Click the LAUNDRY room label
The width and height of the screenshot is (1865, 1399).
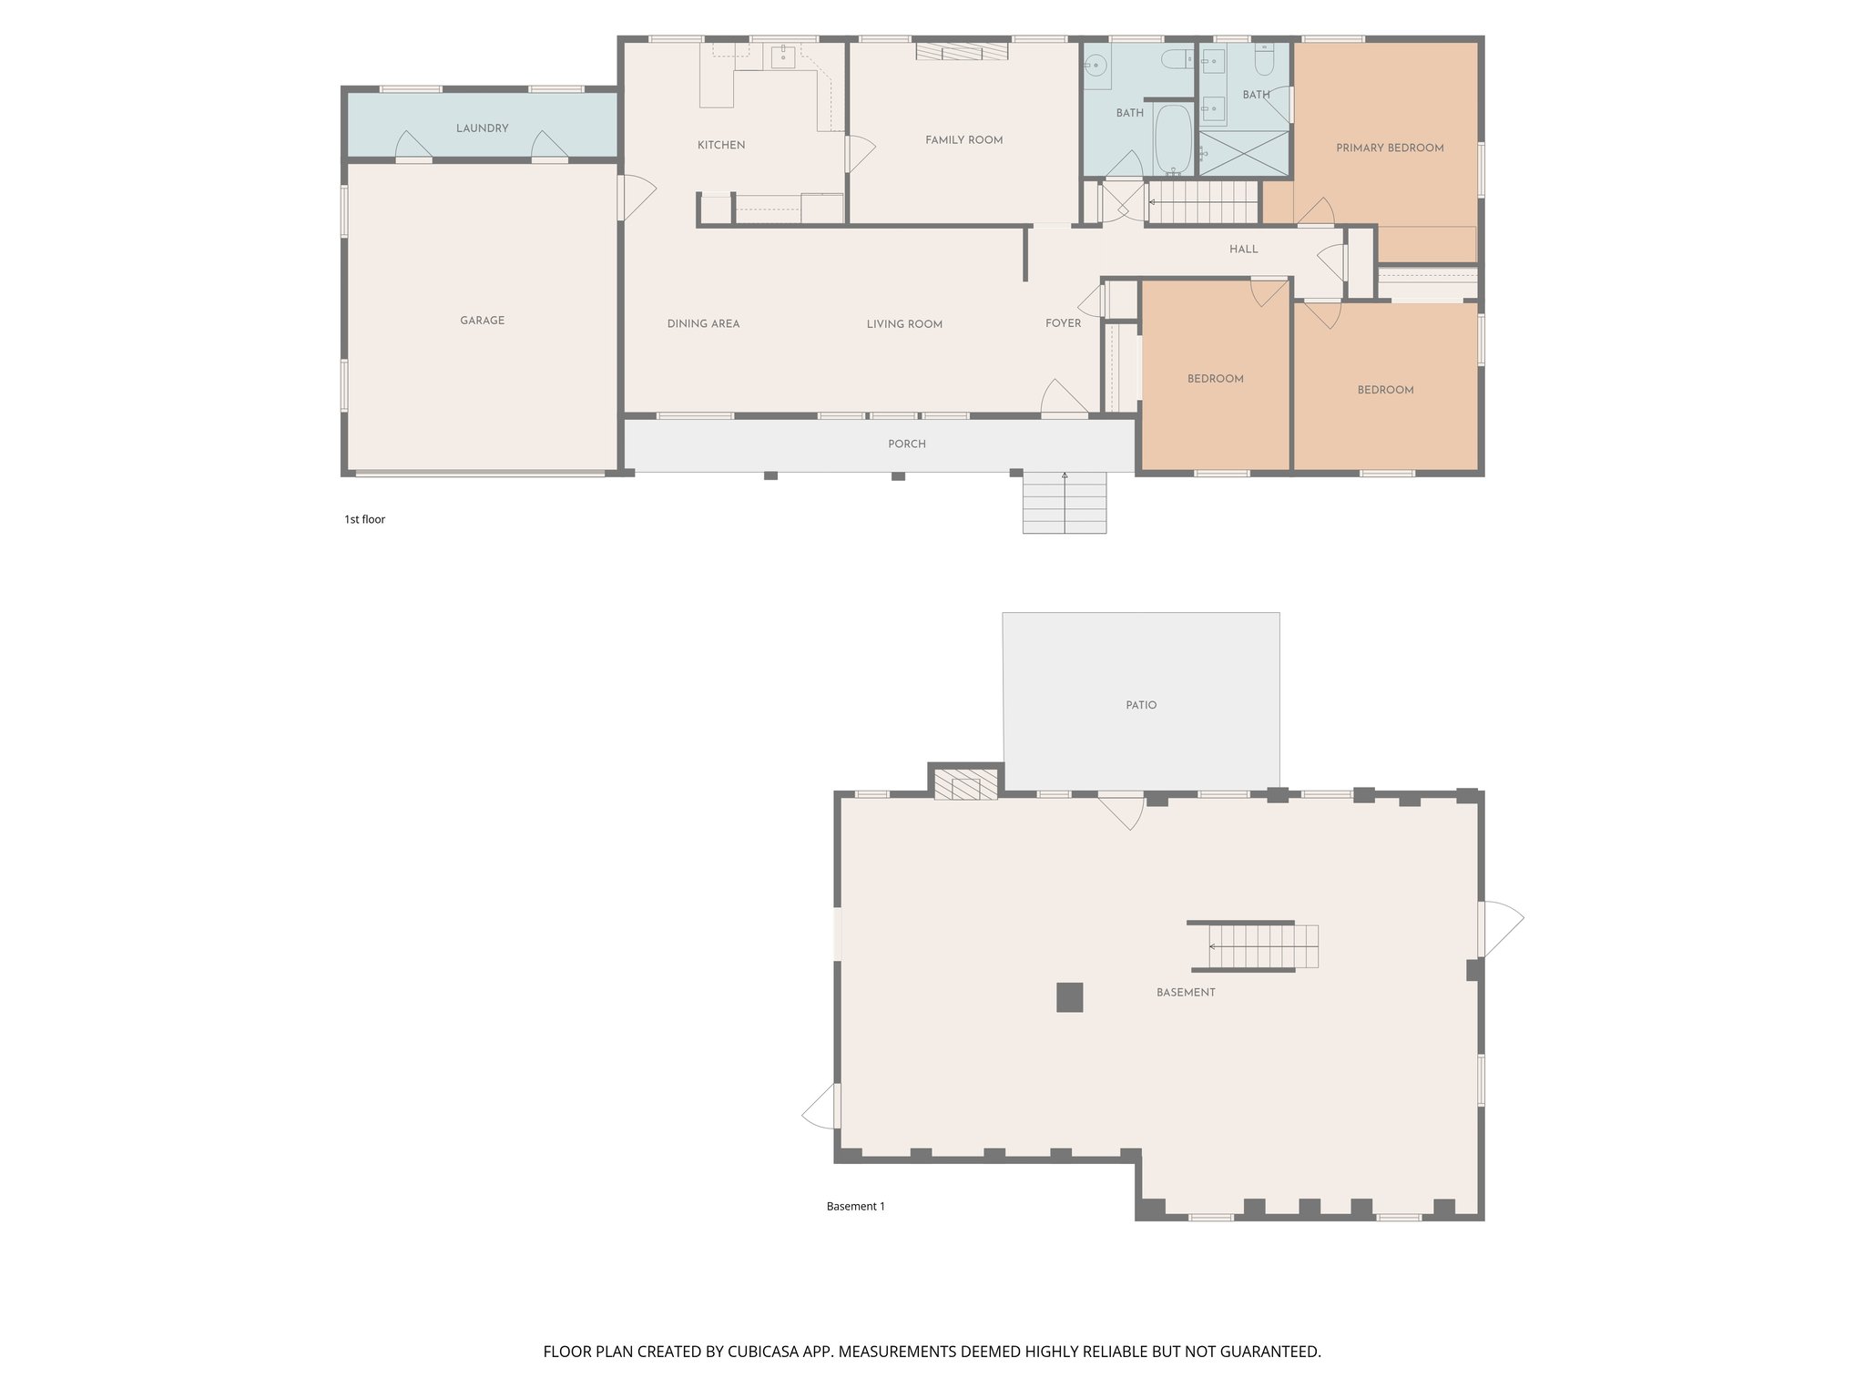coord(482,128)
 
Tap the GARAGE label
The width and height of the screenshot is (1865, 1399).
coord(482,321)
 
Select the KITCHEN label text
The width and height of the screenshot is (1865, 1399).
coord(721,145)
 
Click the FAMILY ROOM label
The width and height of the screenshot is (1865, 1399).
coord(963,140)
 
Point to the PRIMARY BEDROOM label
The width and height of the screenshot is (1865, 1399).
coord(1390,148)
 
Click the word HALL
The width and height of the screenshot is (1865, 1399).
coord(1243,250)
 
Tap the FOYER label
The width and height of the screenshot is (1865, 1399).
coord(1063,323)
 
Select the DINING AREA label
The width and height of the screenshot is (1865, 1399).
coord(703,323)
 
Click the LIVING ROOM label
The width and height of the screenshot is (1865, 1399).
coord(904,324)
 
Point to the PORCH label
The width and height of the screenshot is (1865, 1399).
coord(906,444)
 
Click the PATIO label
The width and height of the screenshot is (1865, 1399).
coord(1140,705)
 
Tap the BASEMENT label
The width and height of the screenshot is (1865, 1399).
coord(1186,992)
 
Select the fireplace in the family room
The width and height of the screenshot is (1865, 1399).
coord(962,52)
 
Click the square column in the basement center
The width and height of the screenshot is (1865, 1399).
coord(1069,996)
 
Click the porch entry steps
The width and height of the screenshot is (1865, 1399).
coord(1064,502)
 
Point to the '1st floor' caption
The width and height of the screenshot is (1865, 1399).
coord(364,519)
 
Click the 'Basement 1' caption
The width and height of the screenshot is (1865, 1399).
coord(855,1206)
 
